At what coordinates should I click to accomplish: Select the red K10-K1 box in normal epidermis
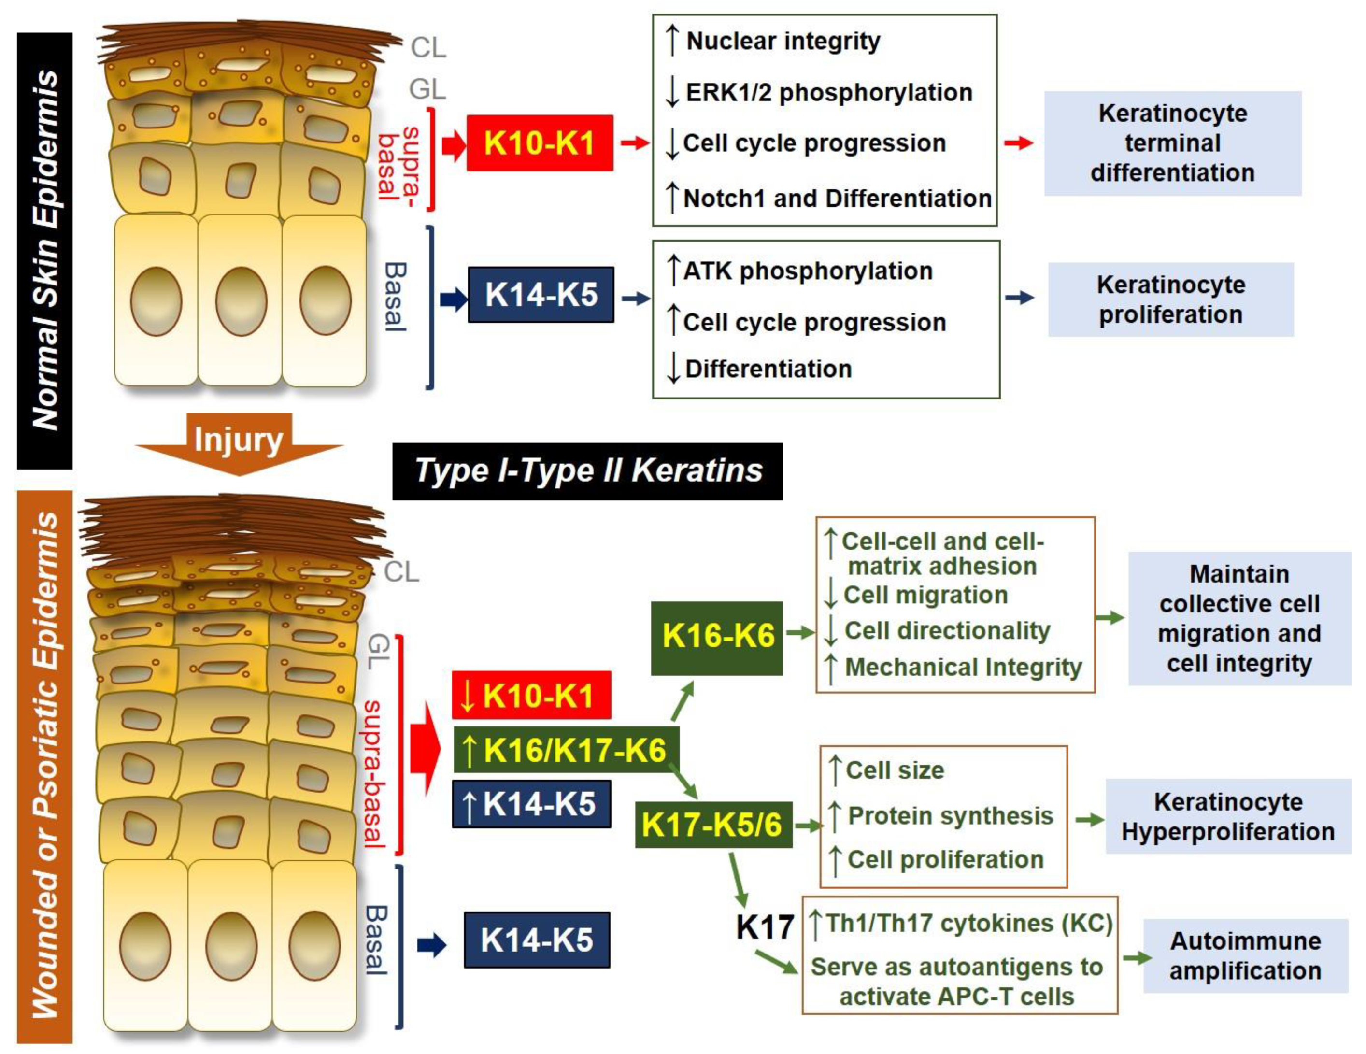click(539, 143)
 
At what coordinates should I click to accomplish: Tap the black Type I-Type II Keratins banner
click(587, 471)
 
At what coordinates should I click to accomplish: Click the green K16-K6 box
click(717, 638)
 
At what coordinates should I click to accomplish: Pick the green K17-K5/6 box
click(713, 825)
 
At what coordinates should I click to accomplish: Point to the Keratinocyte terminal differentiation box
click(1172, 143)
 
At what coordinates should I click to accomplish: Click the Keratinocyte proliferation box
click(1170, 299)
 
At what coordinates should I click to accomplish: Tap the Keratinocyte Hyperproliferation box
click(1228, 816)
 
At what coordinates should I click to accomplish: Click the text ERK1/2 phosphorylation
click(829, 93)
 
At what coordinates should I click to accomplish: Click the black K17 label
click(764, 927)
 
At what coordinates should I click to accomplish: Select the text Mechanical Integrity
click(963, 668)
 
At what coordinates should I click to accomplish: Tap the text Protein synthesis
click(950, 816)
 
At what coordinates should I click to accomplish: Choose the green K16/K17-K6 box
click(566, 749)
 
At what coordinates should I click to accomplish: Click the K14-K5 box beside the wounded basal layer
click(537, 940)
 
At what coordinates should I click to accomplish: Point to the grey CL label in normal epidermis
click(428, 47)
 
